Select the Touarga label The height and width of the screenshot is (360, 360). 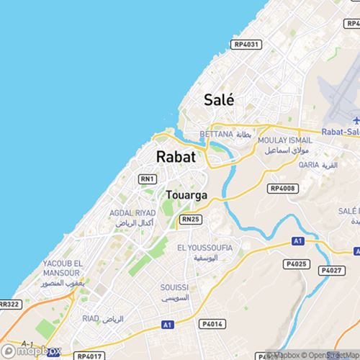click(x=186, y=195)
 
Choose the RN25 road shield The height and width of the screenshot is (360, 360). click(x=189, y=218)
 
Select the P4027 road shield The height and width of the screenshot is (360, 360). click(x=330, y=270)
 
